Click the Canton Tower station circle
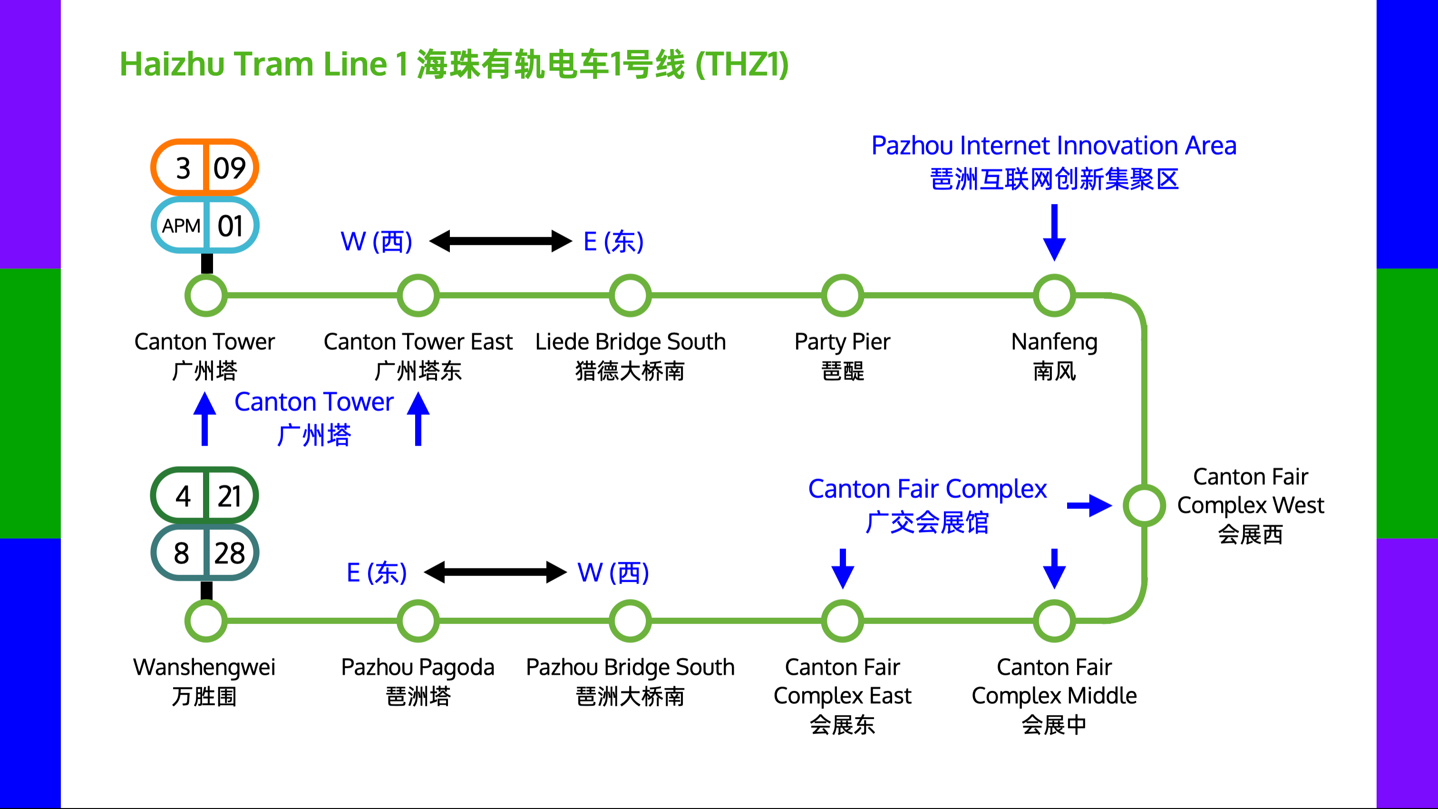click(x=206, y=295)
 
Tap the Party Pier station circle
click(x=842, y=295)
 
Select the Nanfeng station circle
click(x=1054, y=295)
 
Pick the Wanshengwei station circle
click(x=206, y=621)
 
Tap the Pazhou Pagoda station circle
click(x=418, y=621)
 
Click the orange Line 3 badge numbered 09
click(x=205, y=167)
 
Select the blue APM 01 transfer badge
click(x=205, y=225)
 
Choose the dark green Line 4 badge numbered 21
click(x=205, y=495)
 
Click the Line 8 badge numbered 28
click(x=205, y=553)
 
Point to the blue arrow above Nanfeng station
click(x=1054, y=232)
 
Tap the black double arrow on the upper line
click(x=500, y=241)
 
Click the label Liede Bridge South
click(x=630, y=341)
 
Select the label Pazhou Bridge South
click(x=630, y=667)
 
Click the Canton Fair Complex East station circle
click(x=842, y=621)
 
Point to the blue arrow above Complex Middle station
click(x=1054, y=568)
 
